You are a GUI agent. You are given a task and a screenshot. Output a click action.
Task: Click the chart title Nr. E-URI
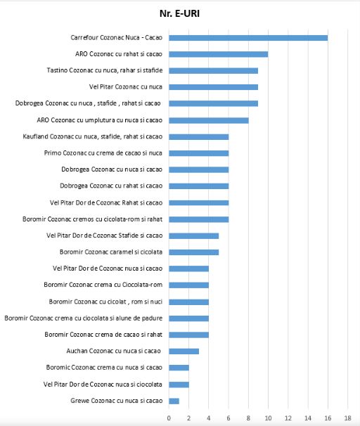tap(179, 13)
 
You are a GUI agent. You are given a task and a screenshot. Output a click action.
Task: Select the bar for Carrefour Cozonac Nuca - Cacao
tap(248, 38)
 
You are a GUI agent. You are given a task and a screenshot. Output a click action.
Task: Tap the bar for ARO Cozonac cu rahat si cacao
tap(218, 54)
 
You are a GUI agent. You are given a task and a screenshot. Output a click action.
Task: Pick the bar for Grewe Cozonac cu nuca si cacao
tap(174, 401)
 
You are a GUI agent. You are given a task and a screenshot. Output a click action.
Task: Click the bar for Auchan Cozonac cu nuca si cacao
tap(184, 351)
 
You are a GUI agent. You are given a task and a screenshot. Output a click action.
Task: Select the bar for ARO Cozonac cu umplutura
tap(208, 120)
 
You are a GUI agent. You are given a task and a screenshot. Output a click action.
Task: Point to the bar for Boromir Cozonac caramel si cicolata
tap(193, 252)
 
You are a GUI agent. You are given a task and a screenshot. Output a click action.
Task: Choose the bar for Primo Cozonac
tap(198, 153)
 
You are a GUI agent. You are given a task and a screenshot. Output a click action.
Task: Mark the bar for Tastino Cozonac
tap(213, 71)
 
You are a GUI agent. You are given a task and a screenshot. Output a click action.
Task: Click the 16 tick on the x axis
tap(328, 418)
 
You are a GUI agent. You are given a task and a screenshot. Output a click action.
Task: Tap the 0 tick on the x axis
tap(169, 418)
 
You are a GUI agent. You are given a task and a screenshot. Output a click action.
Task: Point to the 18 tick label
tap(347, 418)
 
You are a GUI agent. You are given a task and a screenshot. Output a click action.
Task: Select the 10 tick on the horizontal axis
tap(268, 418)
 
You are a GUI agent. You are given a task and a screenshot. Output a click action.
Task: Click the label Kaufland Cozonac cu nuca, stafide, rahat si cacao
tap(92, 136)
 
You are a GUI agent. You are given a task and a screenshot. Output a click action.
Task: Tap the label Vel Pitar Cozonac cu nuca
tap(126, 87)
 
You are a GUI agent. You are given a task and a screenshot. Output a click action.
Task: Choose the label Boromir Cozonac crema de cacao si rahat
tap(103, 335)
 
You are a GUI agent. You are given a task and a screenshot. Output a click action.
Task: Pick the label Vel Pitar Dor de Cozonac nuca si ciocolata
tap(103, 385)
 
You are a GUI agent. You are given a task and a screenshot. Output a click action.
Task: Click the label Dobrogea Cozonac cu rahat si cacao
tap(111, 186)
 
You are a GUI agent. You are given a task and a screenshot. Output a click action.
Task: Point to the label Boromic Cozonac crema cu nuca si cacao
tap(104, 368)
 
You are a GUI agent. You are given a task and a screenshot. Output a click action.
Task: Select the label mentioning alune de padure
tap(84, 318)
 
